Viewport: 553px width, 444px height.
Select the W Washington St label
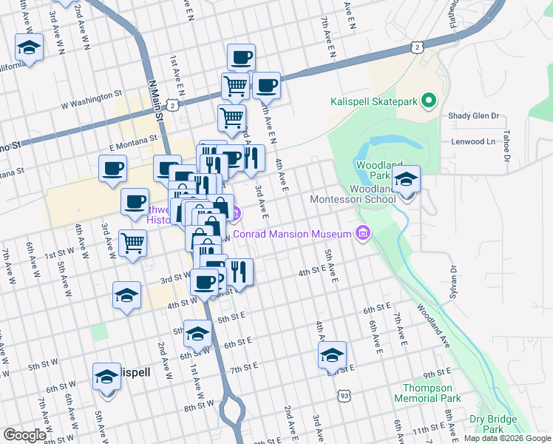(x=91, y=95)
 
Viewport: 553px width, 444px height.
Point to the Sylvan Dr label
(x=452, y=283)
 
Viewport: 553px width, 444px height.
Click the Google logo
(x=25, y=435)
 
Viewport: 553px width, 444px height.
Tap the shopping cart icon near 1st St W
(x=132, y=242)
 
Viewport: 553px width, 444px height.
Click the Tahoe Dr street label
(x=506, y=147)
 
